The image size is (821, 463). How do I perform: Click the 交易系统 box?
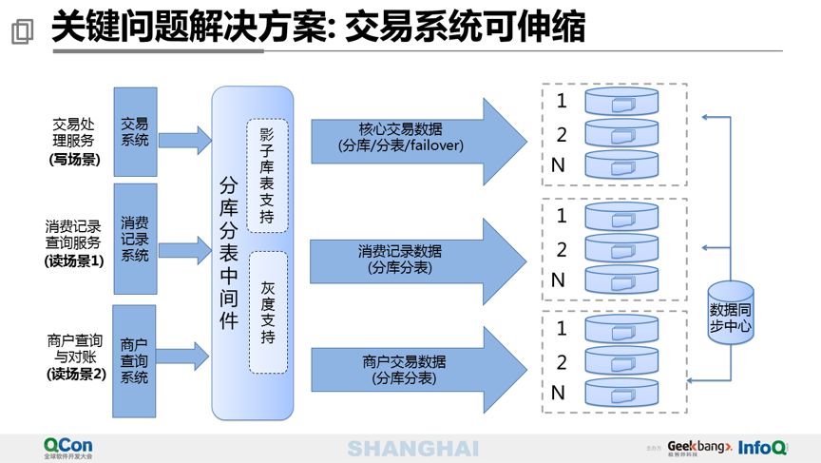click(x=135, y=132)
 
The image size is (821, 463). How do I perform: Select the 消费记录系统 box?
click(x=135, y=239)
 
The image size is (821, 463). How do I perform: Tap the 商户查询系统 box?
click(x=135, y=360)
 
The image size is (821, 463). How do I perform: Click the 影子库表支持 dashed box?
click(x=266, y=175)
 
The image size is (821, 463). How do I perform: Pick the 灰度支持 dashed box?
click(x=267, y=311)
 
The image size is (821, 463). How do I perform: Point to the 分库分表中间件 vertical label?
click(x=228, y=253)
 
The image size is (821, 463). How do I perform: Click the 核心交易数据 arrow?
click(x=409, y=138)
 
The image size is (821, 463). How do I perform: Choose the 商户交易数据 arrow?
click(x=409, y=370)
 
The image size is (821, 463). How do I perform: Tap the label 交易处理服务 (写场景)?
click(x=73, y=142)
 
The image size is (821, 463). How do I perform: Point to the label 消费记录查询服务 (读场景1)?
click(x=73, y=243)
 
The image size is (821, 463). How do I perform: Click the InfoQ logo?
click(x=764, y=447)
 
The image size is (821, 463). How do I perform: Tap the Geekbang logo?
click(x=699, y=447)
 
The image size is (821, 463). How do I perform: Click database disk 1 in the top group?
click(x=622, y=101)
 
